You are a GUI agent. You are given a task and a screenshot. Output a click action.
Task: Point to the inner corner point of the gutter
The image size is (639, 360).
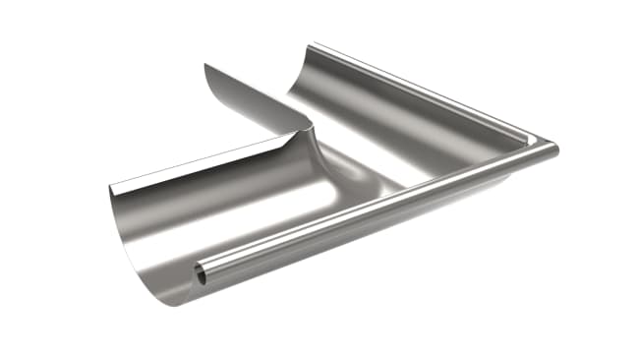pos(314,126)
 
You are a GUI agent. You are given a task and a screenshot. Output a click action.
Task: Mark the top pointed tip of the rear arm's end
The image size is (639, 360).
pos(206,65)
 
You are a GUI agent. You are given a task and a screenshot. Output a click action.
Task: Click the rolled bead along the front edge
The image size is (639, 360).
pos(374,214)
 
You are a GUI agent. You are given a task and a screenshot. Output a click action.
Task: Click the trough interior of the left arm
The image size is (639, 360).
pos(226,211)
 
